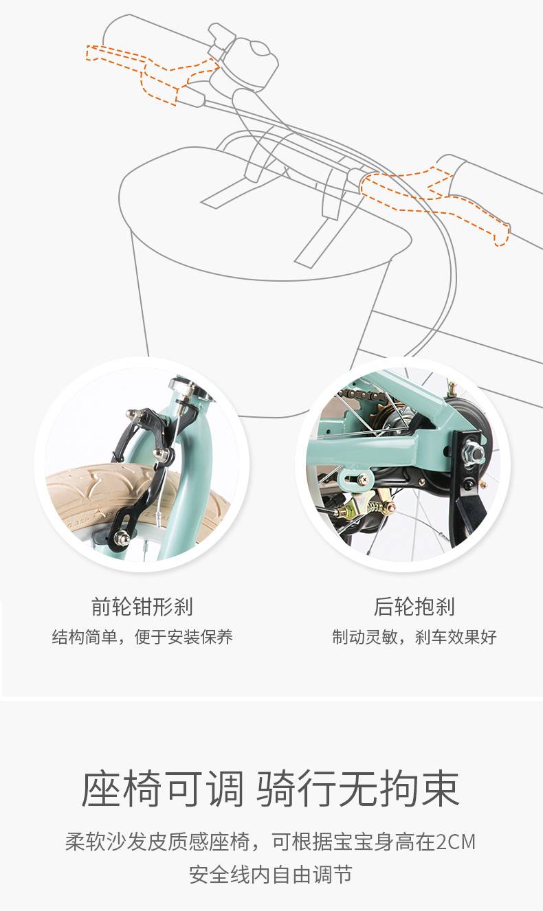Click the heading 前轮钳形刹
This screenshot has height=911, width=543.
point(142,607)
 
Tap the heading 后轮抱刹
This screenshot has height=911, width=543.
point(414,607)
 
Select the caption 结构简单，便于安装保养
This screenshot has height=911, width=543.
point(142,637)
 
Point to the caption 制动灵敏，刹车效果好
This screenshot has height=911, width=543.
point(414,637)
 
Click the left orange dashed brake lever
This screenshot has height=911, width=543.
point(151,72)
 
